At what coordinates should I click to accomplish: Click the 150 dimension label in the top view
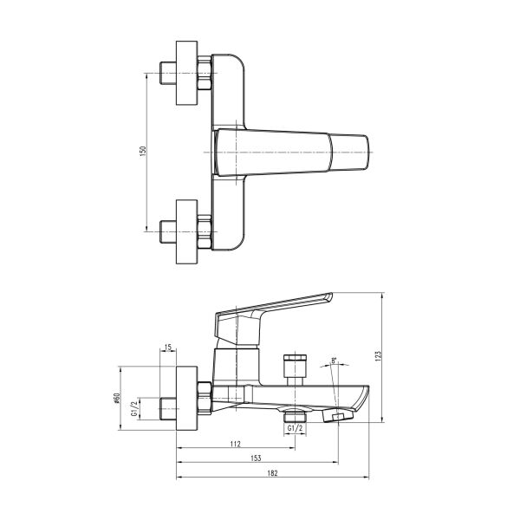point(144,151)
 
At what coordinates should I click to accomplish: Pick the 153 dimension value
point(257,459)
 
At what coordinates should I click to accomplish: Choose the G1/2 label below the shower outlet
point(294,428)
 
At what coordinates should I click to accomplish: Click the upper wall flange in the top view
point(188,74)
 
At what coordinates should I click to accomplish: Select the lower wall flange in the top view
point(188,231)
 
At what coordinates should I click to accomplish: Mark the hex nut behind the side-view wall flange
point(205,398)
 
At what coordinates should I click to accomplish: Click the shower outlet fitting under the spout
point(296,413)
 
